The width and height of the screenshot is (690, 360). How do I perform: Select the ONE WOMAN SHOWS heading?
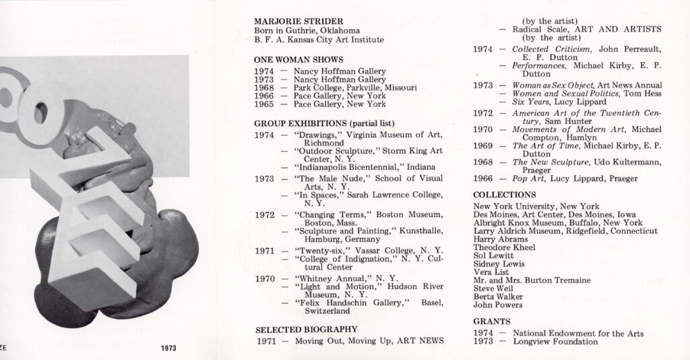point(299,59)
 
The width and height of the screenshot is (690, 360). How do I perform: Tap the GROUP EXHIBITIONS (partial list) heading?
point(324,123)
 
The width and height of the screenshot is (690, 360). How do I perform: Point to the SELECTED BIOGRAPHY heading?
point(305,329)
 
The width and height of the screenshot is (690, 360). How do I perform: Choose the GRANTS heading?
point(491,322)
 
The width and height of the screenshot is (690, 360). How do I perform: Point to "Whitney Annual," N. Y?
point(346,278)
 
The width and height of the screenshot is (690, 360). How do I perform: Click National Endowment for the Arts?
point(578,333)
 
